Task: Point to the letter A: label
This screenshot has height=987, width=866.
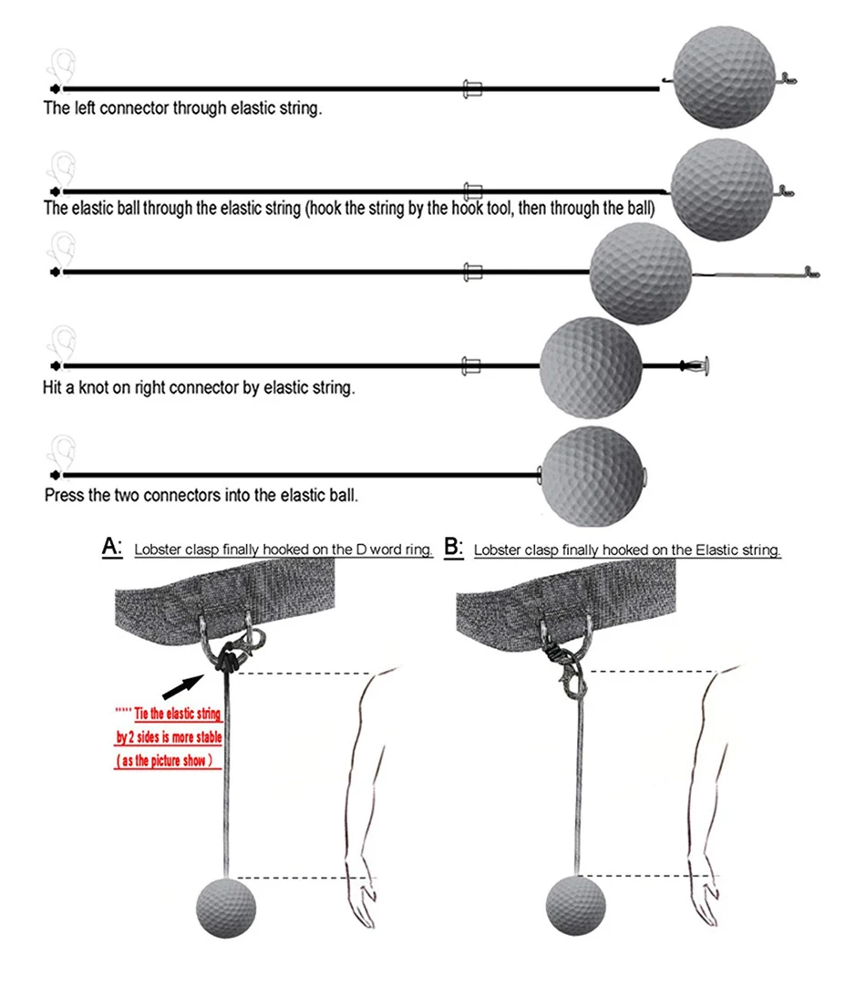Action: point(112,547)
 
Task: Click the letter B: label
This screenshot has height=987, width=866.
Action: point(453,547)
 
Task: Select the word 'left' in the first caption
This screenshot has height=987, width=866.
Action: point(85,108)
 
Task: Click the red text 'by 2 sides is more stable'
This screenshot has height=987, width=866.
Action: point(170,736)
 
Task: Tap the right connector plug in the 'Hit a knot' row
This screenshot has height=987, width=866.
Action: point(700,366)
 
